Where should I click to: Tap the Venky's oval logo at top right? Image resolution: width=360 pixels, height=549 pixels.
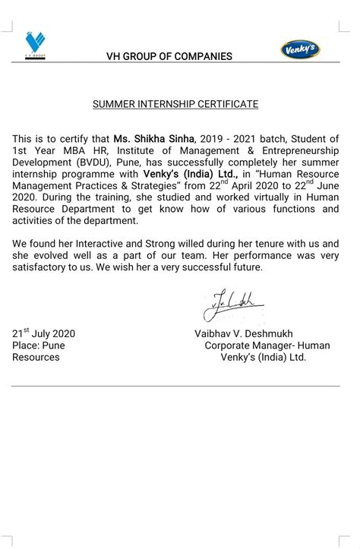point(301,49)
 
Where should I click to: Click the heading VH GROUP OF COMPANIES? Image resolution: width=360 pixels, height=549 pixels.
point(170,56)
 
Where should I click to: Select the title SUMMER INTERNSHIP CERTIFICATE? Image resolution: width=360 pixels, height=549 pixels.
point(175,104)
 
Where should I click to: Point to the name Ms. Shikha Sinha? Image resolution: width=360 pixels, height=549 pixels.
point(154,139)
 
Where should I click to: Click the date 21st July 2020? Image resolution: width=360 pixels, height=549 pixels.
point(44,333)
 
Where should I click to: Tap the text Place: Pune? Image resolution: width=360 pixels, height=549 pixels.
point(39,345)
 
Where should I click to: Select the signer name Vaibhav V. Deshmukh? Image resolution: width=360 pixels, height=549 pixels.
point(244,334)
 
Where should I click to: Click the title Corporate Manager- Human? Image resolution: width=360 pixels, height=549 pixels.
point(267,345)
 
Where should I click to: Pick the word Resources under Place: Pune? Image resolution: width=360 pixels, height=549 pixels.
point(36,357)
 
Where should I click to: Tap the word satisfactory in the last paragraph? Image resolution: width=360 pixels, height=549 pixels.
point(41,267)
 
